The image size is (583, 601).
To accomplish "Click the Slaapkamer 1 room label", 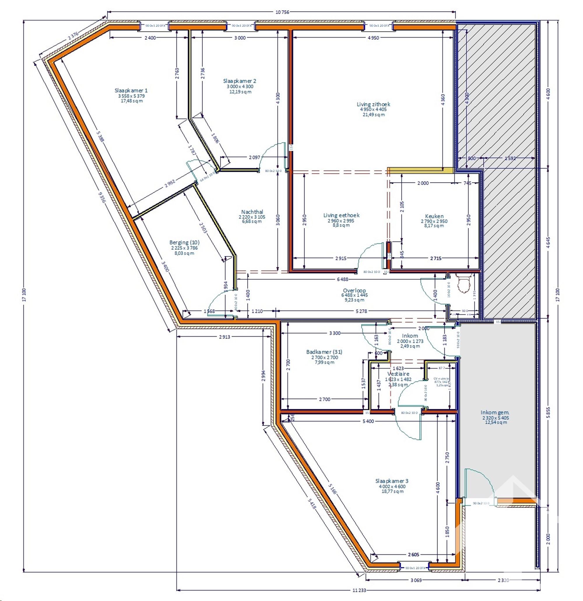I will tap(131, 91).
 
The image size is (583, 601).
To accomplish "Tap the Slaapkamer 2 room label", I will tap(240, 81).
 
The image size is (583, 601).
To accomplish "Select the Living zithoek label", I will tap(373, 105).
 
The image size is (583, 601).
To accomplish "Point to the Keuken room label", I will tap(434, 216).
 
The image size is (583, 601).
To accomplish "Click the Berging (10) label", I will tap(182, 243).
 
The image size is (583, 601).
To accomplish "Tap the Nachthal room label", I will tap(252, 212).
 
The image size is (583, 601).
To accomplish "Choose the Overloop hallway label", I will tap(354, 290).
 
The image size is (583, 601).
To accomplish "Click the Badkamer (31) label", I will tap(324, 352).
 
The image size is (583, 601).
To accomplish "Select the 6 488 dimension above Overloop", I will tap(343, 279).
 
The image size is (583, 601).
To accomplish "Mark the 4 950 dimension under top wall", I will tap(373, 38).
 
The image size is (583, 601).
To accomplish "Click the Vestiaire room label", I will tap(398, 374).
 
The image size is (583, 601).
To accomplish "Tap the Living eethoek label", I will tap(341, 215).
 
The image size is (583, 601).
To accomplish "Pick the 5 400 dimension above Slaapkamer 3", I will tap(368, 421).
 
